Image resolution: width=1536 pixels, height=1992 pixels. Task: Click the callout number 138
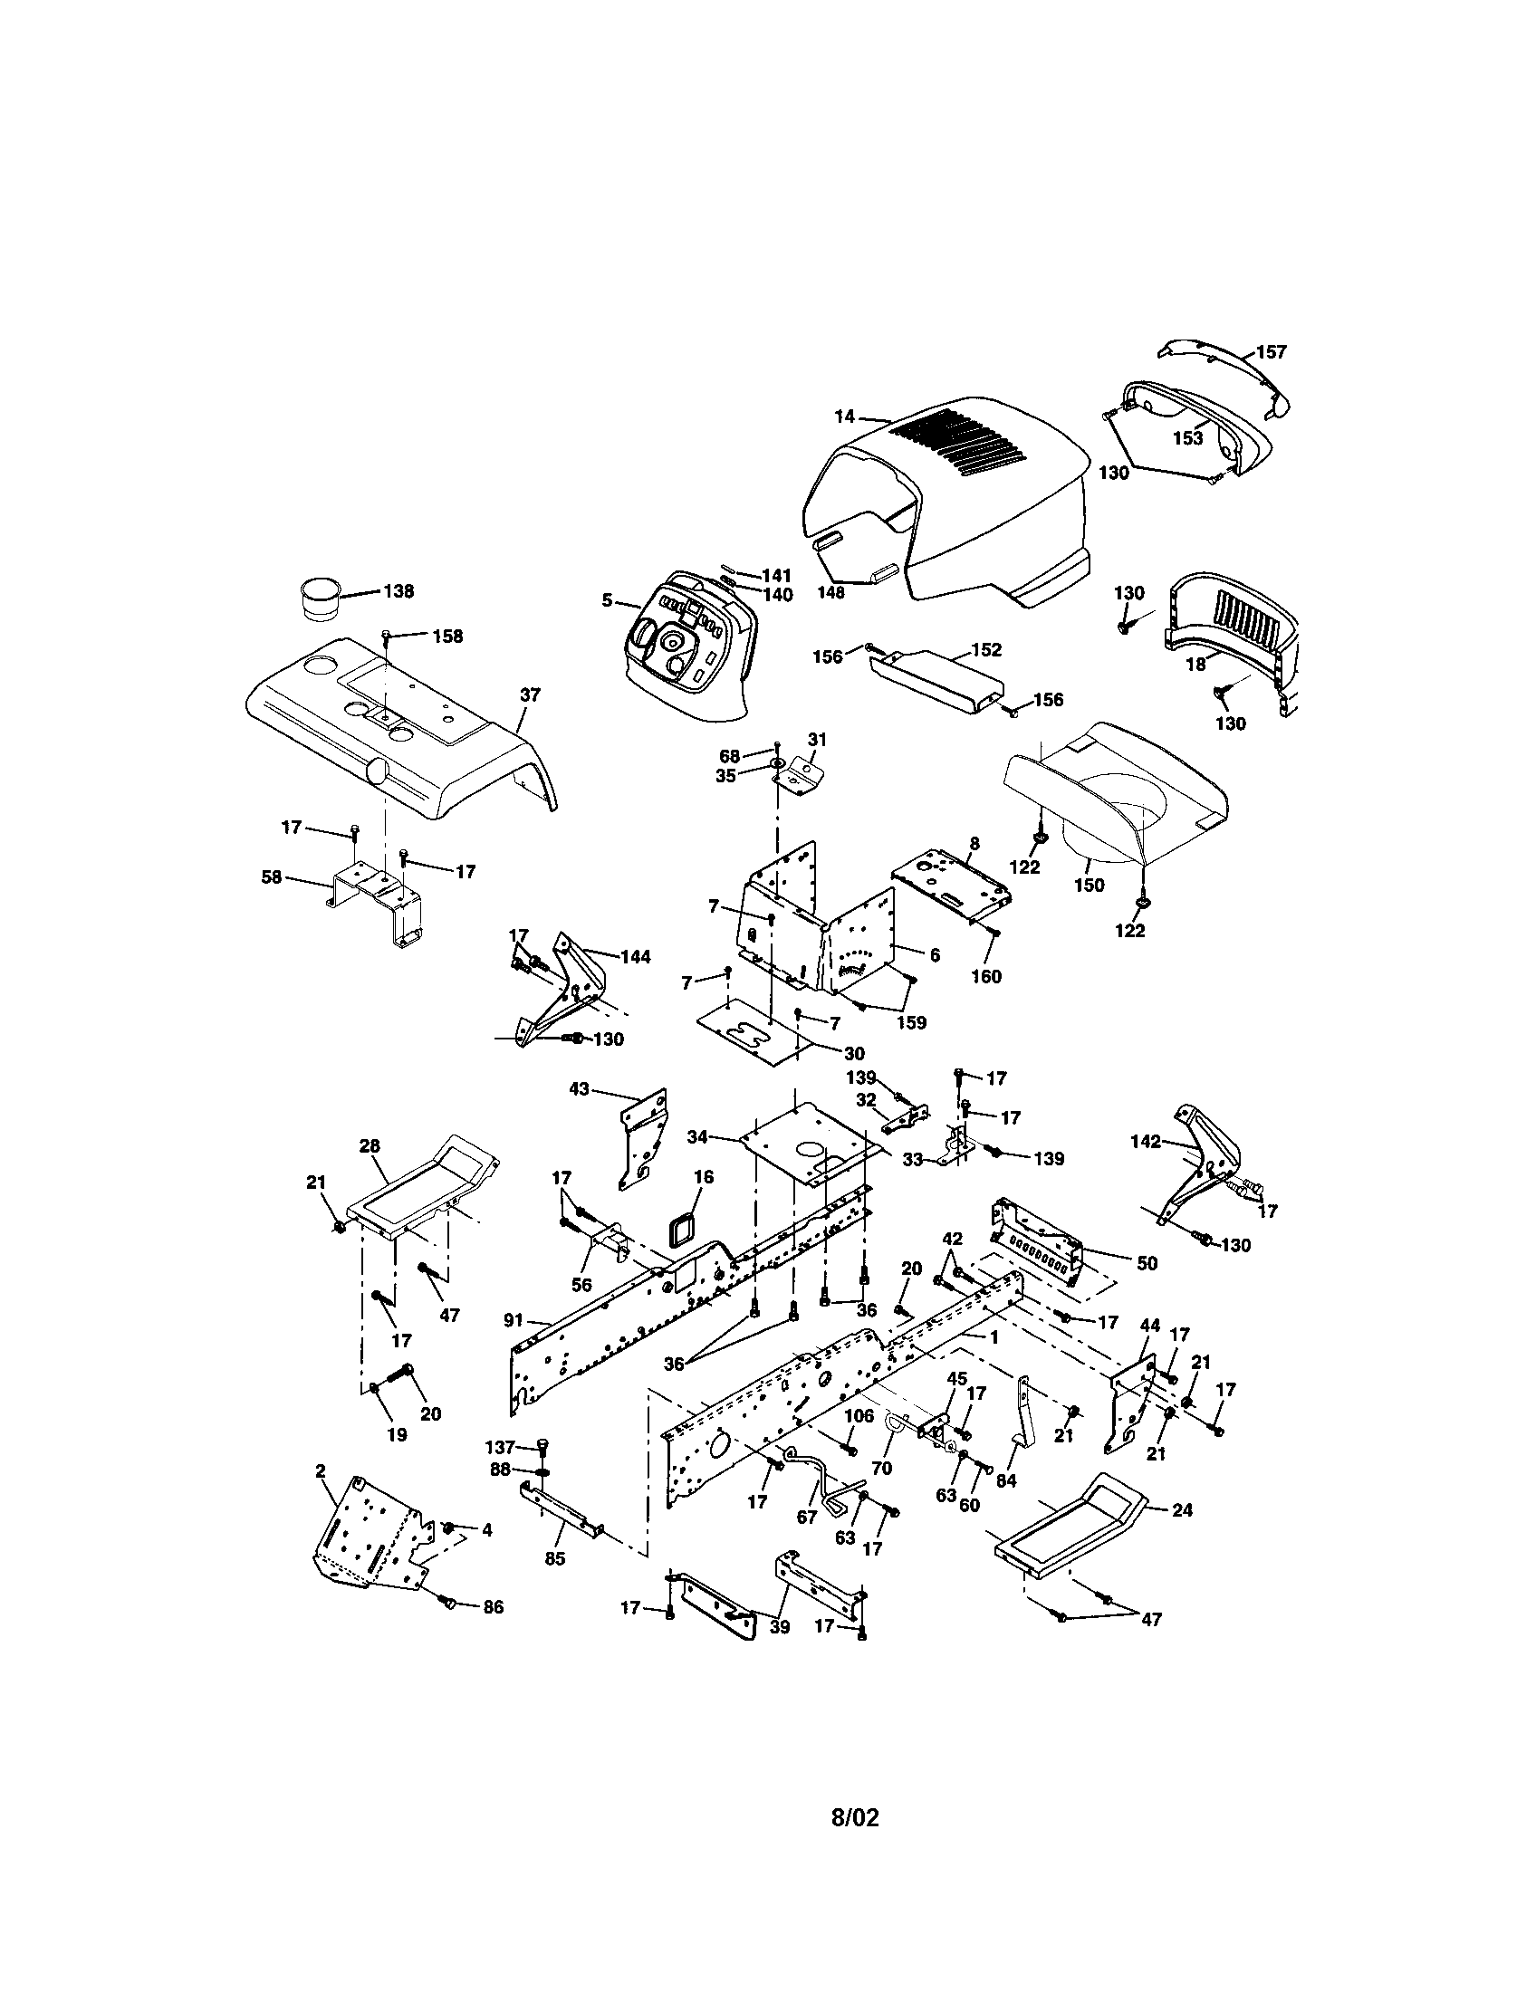coord(398,591)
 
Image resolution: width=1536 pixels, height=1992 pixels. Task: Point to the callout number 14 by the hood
coord(845,417)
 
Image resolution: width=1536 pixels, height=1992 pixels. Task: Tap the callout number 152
coord(986,650)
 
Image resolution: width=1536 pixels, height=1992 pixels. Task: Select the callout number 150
coord(1090,885)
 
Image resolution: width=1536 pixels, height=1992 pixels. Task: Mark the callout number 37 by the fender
coord(530,695)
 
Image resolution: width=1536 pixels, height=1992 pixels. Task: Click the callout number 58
coord(271,878)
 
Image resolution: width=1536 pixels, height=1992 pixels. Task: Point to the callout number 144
coord(635,957)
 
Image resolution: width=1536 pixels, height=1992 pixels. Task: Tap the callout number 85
coord(555,1559)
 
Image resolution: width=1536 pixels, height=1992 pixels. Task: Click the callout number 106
coord(859,1414)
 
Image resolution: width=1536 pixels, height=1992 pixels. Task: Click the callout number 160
coord(986,977)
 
